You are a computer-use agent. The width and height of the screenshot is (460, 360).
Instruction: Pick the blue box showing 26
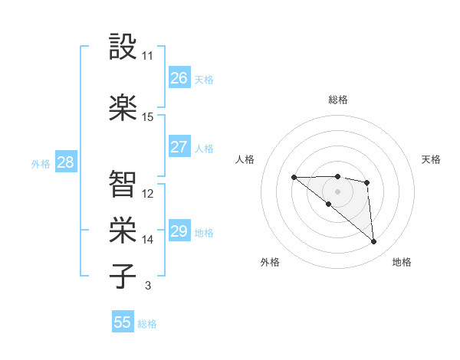pyautogui.click(x=179, y=78)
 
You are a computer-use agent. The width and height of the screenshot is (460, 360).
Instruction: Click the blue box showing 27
pyautogui.click(x=179, y=147)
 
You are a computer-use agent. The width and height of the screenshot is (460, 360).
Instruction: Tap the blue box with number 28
pyautogui.click(x=65, y=162)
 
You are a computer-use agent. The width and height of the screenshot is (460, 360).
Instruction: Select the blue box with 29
pyautogui.click(x=179, y=231)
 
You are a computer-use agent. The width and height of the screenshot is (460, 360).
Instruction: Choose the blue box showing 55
pyautogui.click(x=123, y=322)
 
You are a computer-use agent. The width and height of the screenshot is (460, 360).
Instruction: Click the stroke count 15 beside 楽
pyautogui.click(x=148, y=117)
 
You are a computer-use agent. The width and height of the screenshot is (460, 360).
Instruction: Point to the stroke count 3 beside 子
pyautogui.click(x=147, y=286)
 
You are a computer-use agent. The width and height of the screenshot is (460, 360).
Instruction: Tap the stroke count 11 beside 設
pyautogui.click(x=148, y=56)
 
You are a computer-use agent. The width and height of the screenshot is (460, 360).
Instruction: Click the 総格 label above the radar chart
pyautogui.click(x=337, y=100)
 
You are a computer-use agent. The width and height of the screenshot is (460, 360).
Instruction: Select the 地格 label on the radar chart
pyautogui.click(x=402, y=263)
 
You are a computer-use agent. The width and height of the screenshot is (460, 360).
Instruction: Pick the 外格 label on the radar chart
pyautogui.click(x=270, y=263)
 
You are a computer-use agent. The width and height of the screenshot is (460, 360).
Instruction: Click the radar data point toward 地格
pyautogui.click(x=373, y=242)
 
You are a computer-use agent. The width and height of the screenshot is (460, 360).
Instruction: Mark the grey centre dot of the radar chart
pyautogui.click(x=337, y=191)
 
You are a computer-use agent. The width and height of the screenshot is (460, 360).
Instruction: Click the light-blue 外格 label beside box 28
pyautogui.click(x=40, y=163)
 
